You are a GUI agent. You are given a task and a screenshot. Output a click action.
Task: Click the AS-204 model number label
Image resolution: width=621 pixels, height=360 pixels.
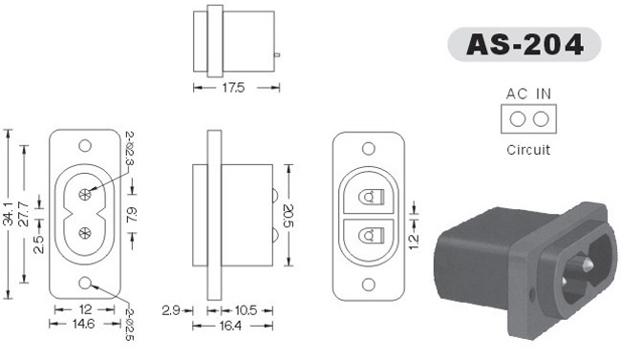(525, 44)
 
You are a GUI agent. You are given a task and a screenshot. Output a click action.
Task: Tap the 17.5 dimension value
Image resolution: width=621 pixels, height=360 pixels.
(233, 88)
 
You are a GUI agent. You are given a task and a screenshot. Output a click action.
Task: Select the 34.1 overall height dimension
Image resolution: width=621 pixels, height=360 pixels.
(9, 214)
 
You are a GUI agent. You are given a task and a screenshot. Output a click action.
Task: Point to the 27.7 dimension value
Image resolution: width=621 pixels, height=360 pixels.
(24, 214)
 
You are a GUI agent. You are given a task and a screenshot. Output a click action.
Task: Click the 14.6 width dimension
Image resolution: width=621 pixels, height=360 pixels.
(83, 324)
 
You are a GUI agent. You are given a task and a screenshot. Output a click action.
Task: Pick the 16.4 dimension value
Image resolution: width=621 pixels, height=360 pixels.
(230, 326)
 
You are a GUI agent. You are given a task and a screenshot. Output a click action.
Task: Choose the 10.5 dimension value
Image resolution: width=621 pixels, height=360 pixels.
(246, 310)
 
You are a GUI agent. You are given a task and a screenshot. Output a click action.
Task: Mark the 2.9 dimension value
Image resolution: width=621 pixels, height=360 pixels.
(171, 310)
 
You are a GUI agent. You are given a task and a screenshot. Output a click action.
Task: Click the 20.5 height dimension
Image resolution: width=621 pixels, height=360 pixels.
(289, 216)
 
